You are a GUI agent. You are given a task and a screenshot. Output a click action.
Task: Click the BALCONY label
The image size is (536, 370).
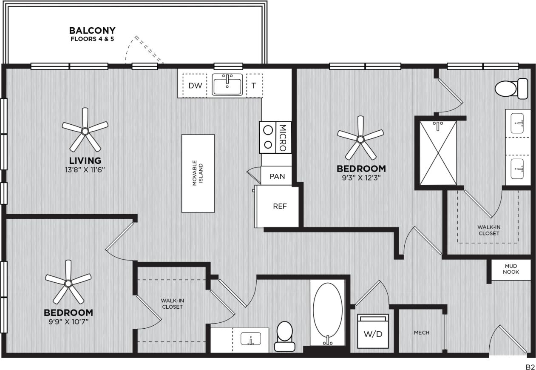click(92, 31)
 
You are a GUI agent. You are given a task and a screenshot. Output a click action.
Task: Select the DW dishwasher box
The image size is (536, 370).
click(195, 86)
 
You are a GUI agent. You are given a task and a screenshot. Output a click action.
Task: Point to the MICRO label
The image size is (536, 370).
click(283, 138)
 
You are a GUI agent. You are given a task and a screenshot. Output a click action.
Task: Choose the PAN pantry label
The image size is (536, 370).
click(277, 176)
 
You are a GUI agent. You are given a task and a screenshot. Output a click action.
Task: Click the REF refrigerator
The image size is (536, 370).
click(279, 207)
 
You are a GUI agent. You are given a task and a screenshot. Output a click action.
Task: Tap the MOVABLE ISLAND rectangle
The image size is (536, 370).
click(198, 173)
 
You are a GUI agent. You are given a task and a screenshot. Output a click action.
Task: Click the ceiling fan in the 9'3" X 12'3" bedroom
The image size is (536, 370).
click(360, 139)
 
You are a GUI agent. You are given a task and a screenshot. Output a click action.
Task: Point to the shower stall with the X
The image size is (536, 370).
click(438, 153)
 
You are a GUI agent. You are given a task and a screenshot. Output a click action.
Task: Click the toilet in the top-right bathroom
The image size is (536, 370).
click(511, 89)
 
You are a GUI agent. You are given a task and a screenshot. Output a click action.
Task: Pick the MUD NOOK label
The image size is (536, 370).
click(510, 269)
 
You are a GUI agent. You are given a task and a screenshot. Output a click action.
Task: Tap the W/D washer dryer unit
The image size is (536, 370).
click(373, 333)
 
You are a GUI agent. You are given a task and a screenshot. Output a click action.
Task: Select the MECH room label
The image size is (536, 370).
click(421, 333)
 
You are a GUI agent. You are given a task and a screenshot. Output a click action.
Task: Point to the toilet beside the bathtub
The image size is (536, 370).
click(284, 336)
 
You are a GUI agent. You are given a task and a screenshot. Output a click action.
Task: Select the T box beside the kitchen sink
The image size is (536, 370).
click(254, 86)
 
